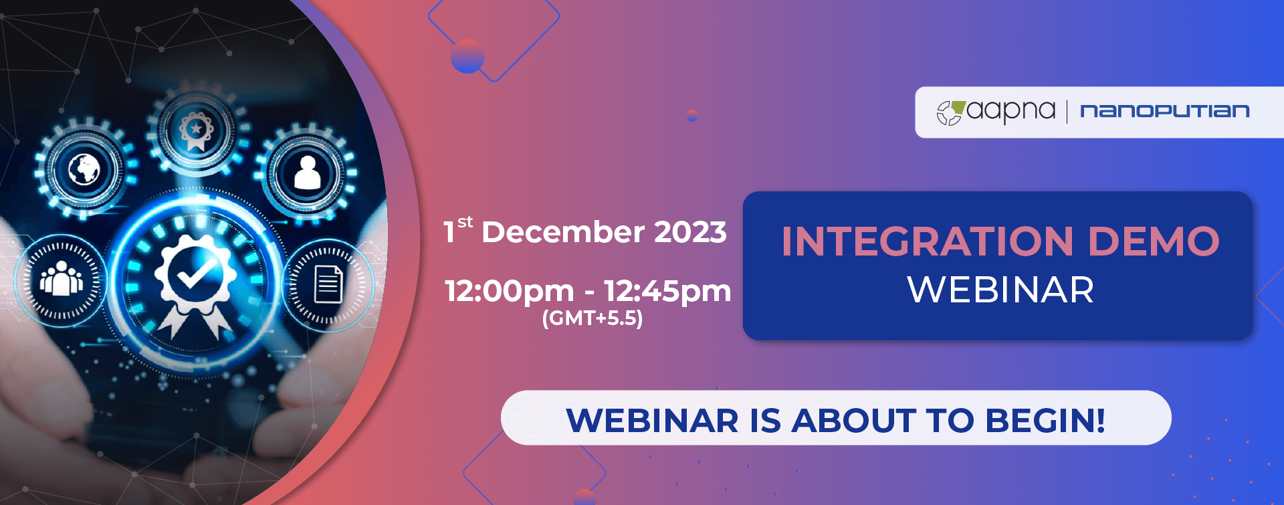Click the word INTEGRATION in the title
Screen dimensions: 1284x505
click(928, 241)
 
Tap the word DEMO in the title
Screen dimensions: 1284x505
click(1154, 241)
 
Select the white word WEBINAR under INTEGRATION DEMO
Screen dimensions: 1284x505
click(1000, 290)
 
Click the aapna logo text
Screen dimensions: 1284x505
click(1010, 111)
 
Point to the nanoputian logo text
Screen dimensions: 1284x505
click(1165, 111)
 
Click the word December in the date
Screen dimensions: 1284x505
click(562, 232)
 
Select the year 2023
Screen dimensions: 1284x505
click(690, 232)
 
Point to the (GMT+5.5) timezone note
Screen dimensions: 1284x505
click(593, 318)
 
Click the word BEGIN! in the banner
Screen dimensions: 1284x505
click(1045, 421)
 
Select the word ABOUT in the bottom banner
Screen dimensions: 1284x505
click(853, 421)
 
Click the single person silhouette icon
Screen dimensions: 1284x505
click(308, 173)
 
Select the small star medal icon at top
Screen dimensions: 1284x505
click(196, 131)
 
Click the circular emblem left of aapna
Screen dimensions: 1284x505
click(950, 112)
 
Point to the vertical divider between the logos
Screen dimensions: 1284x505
click(1067, 112)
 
